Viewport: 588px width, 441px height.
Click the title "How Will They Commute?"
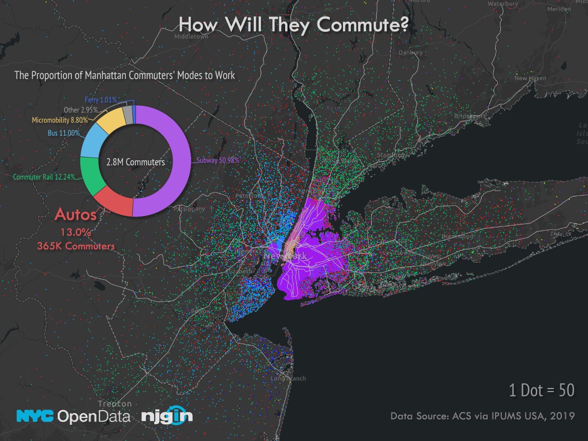293,24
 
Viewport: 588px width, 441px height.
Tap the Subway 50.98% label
218,160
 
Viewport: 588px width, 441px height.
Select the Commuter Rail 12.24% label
45,177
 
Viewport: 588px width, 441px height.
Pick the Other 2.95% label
81,110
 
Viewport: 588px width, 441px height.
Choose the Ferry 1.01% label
100,100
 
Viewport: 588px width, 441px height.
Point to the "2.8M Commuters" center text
136,162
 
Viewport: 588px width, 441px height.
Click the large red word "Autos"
75,215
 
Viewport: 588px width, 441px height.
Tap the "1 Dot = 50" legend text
541,390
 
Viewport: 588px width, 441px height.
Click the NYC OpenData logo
73,416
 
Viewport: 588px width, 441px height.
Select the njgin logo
167,416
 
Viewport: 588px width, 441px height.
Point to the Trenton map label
115,404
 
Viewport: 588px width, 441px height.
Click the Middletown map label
191,36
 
